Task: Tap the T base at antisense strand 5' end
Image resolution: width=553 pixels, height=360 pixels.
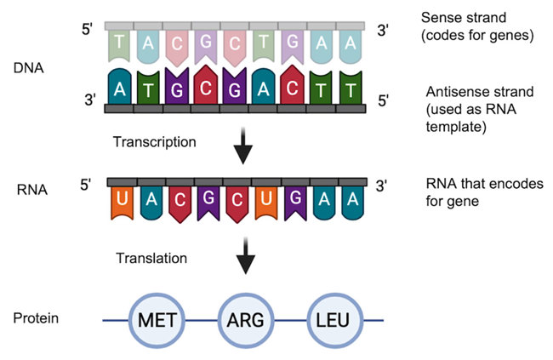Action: pos(350,88)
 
